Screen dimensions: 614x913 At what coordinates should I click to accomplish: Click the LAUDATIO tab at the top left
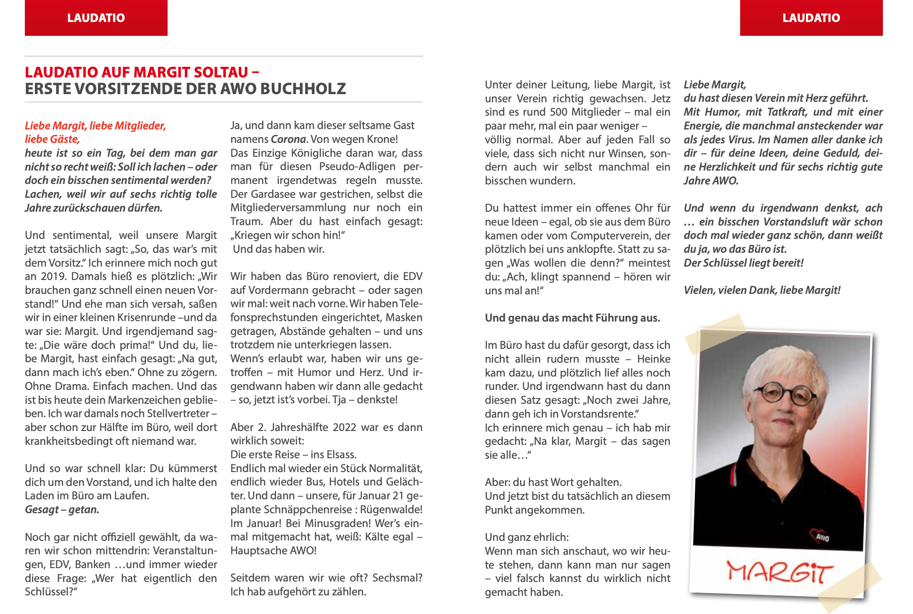pyautogui.click(x=96, y=18)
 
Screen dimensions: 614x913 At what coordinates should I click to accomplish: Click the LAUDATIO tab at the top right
pyautogui.click(x=811, y=18)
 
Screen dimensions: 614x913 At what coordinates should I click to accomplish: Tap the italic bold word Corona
pyautogui.click(x=288, y=139)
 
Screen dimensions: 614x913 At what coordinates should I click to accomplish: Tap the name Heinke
pyautogui.click(x=654, y=359)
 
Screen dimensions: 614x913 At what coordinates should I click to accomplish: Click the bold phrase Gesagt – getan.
pyautogui.click(x=62, y=509)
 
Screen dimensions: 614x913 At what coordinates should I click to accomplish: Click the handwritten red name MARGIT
pyautogui.click(x=779, y=571)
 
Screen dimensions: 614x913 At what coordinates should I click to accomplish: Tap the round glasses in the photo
pyautogui.click(x=787, y=393)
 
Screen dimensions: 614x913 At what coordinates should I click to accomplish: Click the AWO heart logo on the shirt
pyautogui.click(x=819, y=536)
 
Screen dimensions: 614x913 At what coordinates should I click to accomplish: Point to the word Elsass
pyautogui.click(x=341, y=454)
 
